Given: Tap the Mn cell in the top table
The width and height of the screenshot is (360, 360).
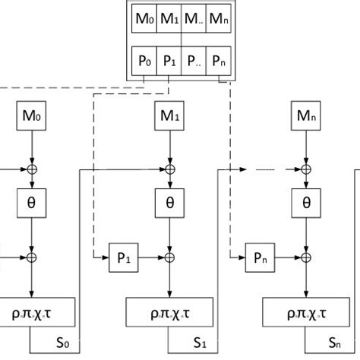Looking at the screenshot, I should pos(219,17).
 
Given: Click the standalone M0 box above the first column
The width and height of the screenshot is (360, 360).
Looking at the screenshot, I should pos(30,118).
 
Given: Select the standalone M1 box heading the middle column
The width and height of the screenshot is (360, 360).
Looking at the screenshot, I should pos(168,118).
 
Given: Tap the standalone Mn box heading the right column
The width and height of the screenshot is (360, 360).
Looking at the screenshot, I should pos(306,118).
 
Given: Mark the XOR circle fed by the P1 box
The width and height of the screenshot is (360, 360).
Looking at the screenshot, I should pos(168,258).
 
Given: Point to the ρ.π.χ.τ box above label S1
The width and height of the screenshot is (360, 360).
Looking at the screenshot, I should pos(168,312).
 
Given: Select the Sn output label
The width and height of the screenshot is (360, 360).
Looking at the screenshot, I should pos(335,344).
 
